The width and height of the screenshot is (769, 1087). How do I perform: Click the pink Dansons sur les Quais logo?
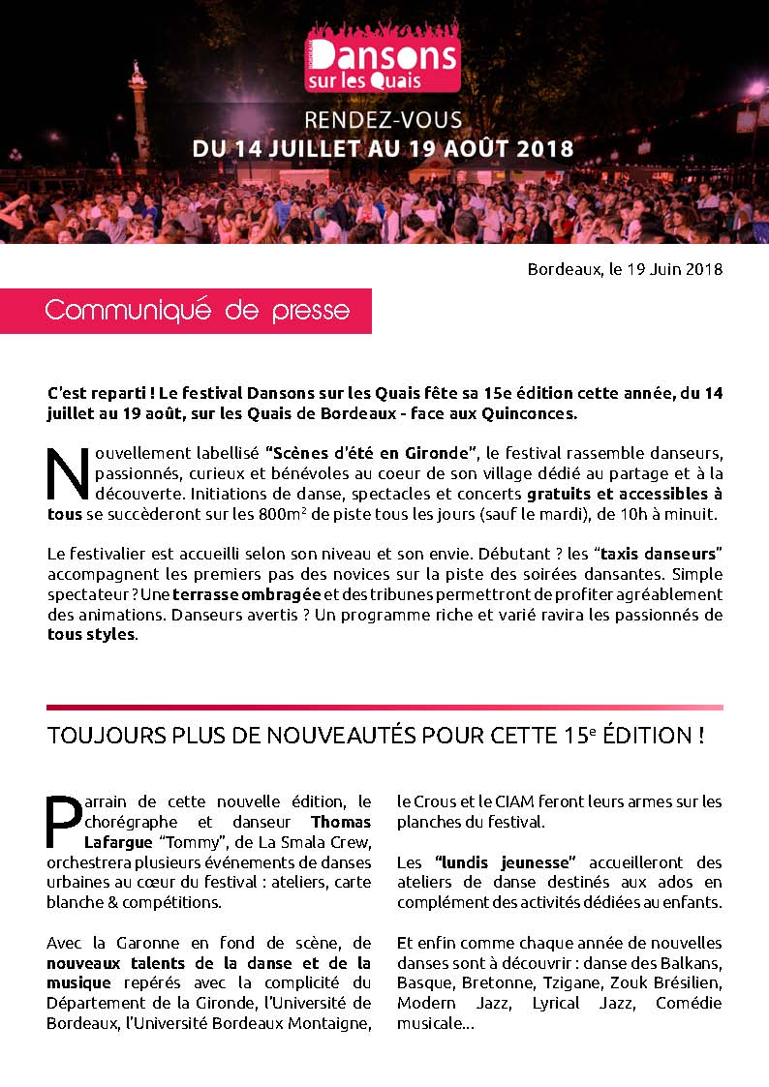(383, 64)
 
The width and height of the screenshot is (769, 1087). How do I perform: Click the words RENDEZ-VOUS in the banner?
(384, 122)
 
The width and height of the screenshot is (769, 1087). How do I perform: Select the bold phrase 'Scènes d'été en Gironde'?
(375, 453)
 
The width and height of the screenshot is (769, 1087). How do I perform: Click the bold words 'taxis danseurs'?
(661, 554)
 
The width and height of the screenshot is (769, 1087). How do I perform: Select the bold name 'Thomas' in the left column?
(347, 821)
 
